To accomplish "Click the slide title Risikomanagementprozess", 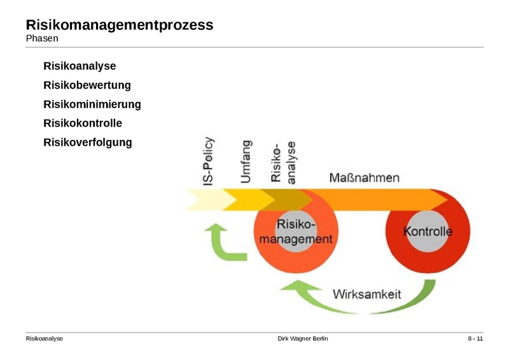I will (119, 25).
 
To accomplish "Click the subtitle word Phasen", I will (41, 39).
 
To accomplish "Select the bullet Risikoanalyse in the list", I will (80, 66).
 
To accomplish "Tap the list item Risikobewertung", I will (87, 85).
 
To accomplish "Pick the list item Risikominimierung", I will (92, 104).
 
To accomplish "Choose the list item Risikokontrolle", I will (83, 123).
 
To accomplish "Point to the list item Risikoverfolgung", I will (88, 142).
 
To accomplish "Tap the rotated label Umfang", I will (245, 162).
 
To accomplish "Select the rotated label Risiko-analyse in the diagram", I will (283, 162).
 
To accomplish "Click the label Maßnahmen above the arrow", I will (365, 177).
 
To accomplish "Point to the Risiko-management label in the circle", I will (296, 232).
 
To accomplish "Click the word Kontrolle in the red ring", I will (428, 232).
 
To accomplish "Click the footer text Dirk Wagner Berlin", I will (303, 338).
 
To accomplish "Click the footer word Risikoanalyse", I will (44, 338).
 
